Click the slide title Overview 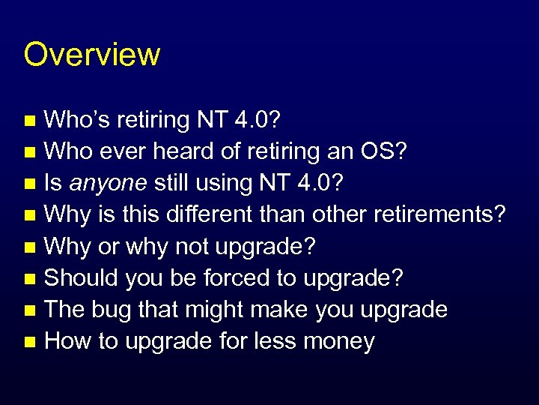[91, 55]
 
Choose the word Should [82, 278]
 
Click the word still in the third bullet [169, 183]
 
